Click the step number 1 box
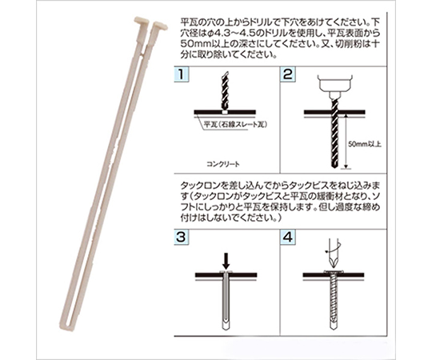182,74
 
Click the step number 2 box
288,74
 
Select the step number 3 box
182,237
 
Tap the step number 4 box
288,237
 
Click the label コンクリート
223,165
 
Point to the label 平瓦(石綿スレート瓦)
236,125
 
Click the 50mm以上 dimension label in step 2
365,144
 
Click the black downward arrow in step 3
226,261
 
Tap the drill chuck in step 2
335,86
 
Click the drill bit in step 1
225,91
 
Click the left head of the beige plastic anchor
142,22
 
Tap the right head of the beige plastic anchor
160,26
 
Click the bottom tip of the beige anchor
64,325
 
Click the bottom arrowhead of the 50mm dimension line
346,166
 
